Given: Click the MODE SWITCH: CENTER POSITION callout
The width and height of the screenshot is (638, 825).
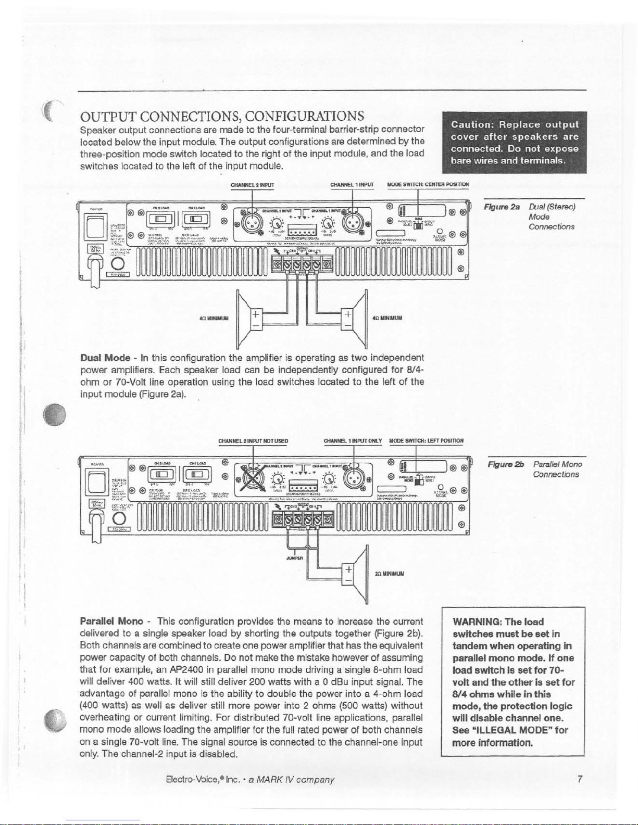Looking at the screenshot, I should [428, 184].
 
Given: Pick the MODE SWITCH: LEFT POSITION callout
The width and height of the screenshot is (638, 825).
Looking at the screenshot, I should [426, 441].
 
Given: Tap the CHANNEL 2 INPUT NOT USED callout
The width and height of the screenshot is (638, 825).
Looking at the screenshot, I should [253, 441].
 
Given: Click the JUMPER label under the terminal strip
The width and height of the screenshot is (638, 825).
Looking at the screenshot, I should [295, 557].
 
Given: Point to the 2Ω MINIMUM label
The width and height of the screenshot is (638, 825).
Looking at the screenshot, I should [390, 574].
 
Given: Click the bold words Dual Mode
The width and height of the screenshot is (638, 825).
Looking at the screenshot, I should [105, 358].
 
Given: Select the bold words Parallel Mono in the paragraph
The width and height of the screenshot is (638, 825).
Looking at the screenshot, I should [111, 621].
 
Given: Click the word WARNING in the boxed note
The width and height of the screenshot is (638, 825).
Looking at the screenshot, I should [476, 622].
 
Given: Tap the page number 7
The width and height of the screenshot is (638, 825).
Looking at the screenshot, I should [580, 779].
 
